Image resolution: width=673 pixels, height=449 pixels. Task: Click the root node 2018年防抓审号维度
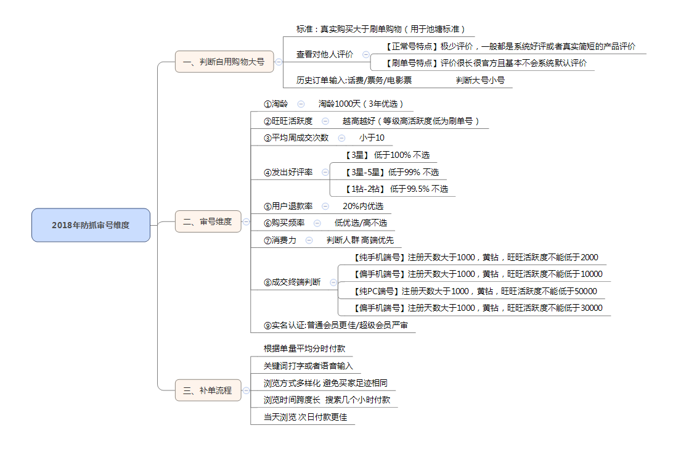click(91, 225)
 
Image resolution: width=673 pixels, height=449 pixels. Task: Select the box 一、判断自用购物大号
click(224, 62)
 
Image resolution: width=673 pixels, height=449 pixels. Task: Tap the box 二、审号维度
click(208, 221)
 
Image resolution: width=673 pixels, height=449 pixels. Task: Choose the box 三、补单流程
click(208, 390)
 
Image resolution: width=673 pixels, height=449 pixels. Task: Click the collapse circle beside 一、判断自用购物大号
click(279, 62)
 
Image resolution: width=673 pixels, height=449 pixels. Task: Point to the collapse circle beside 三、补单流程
click(246, 390)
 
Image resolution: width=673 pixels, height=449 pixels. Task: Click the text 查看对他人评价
click(324, 54)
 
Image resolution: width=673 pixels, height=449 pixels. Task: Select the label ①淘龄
click(275, 104)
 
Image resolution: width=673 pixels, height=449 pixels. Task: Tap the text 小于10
click(372, 138)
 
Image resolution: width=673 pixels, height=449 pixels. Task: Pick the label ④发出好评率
click(288, 172)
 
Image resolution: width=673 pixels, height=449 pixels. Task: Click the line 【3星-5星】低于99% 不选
click(391, 172)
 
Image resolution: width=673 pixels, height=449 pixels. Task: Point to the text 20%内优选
click(362, 206)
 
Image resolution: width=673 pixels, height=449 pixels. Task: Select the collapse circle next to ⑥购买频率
click(317, 223)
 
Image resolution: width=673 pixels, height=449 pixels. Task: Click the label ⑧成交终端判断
click(292, 282)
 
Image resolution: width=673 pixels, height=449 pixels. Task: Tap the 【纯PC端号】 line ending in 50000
click(475, 291)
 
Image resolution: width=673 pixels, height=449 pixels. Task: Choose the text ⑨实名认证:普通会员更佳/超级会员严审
click(336, 325)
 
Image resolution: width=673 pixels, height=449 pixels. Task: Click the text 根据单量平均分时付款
click(304, 348)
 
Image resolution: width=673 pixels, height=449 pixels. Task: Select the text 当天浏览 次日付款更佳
click(305, 417)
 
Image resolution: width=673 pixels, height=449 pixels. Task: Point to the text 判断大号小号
click(480, 80)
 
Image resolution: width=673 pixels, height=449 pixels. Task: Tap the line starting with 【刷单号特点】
click(486, 63)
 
